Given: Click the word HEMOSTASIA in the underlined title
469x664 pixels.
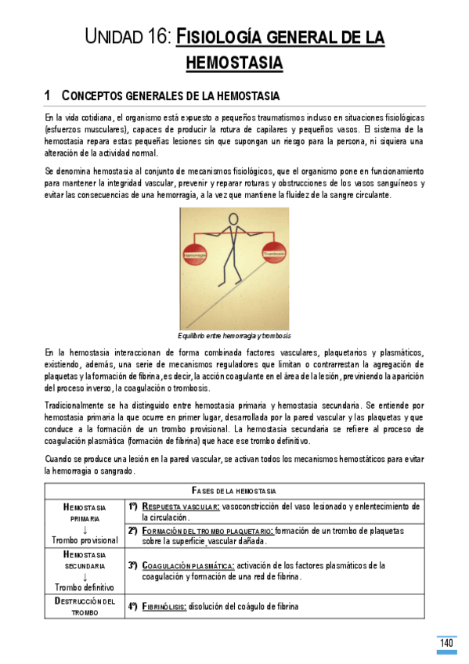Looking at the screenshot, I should point(234,62).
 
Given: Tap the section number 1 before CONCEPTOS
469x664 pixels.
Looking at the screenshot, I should point(48,96).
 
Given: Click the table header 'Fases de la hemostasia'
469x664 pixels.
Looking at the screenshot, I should point(234,490).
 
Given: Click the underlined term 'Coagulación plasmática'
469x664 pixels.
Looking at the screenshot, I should point(188,565).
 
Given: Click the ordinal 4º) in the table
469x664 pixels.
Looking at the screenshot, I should point(132,605).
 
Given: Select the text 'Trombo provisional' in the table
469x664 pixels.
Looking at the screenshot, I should point(85,540).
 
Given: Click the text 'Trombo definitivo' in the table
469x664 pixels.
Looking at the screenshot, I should point(85,586).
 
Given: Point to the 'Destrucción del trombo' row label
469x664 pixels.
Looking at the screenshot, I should point(85,606).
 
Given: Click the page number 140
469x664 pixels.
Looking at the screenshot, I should point(446,644).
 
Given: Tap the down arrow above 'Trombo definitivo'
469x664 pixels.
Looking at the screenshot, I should point(85,576).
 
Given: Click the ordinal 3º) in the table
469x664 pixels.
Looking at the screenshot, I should point(132,565).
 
